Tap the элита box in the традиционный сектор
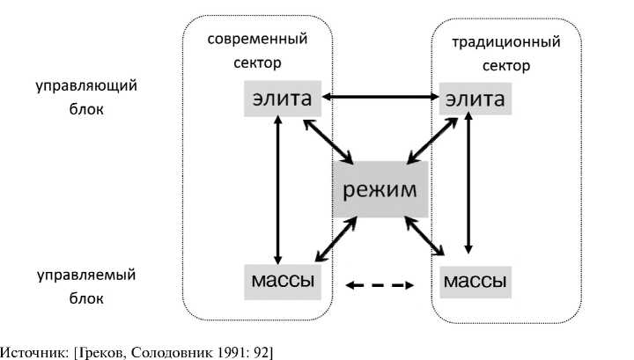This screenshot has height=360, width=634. point(475,99)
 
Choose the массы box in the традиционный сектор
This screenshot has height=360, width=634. point(475,282)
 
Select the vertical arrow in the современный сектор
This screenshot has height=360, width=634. point(278,189)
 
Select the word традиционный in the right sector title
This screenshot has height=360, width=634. point(505,41)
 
